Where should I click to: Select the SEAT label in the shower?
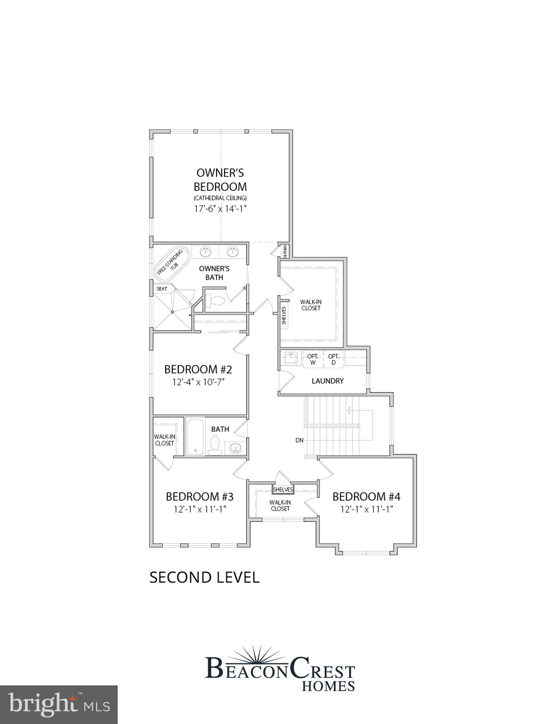(162, 289)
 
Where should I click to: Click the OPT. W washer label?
(313, 360)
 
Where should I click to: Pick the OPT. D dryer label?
(334, 360)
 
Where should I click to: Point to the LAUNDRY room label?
(327, 381)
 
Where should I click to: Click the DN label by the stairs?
(299, 440)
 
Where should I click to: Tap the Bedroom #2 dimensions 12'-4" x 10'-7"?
(198, 381)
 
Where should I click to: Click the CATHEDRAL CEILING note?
(220, 198)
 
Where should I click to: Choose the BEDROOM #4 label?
(366, 496)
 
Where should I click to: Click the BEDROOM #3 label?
(200, 496)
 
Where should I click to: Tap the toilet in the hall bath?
(215, 445)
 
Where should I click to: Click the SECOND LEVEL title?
(204, 577)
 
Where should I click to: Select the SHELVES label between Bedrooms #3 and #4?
(283, 490)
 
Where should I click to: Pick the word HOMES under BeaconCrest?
(328, 686)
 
